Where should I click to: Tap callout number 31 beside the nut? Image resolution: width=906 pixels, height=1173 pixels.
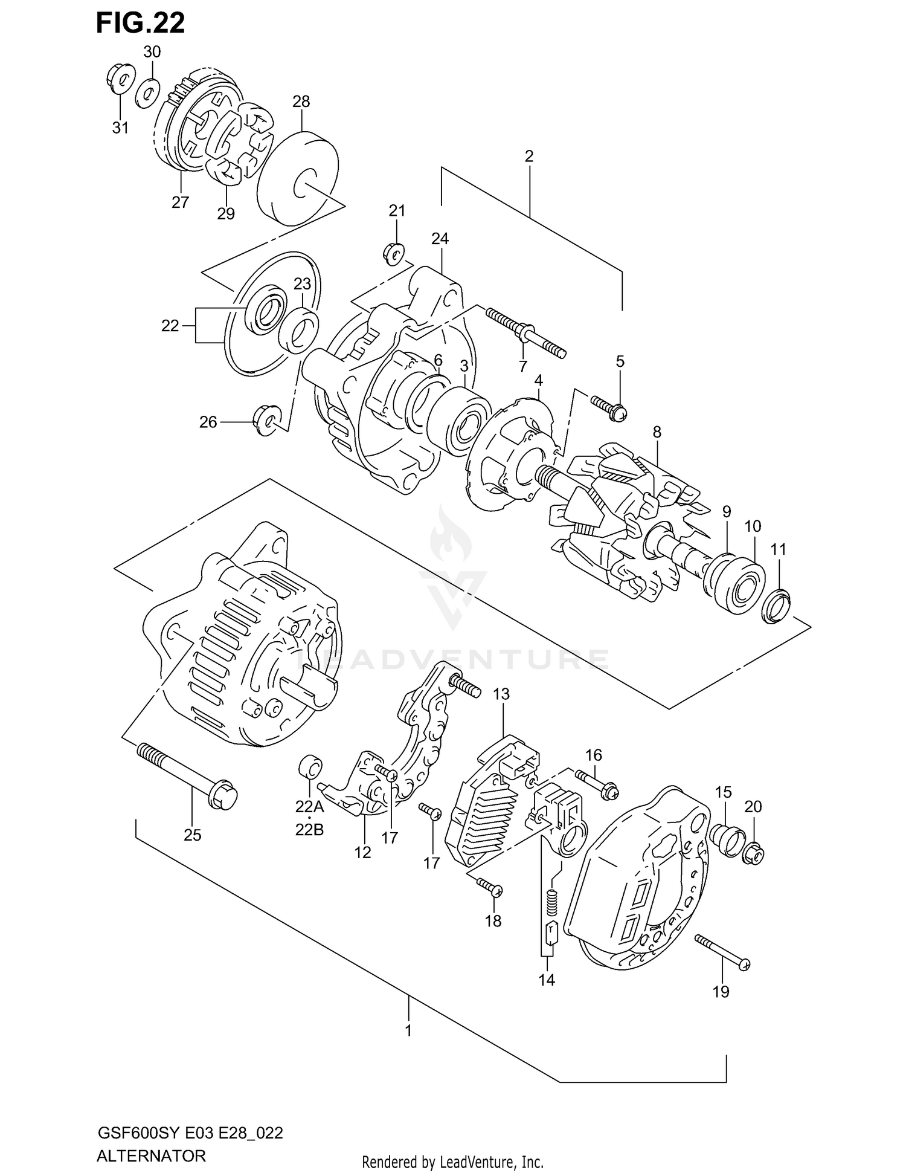point(120,128)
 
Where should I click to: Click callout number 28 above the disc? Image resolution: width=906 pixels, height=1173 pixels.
point(301,102)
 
